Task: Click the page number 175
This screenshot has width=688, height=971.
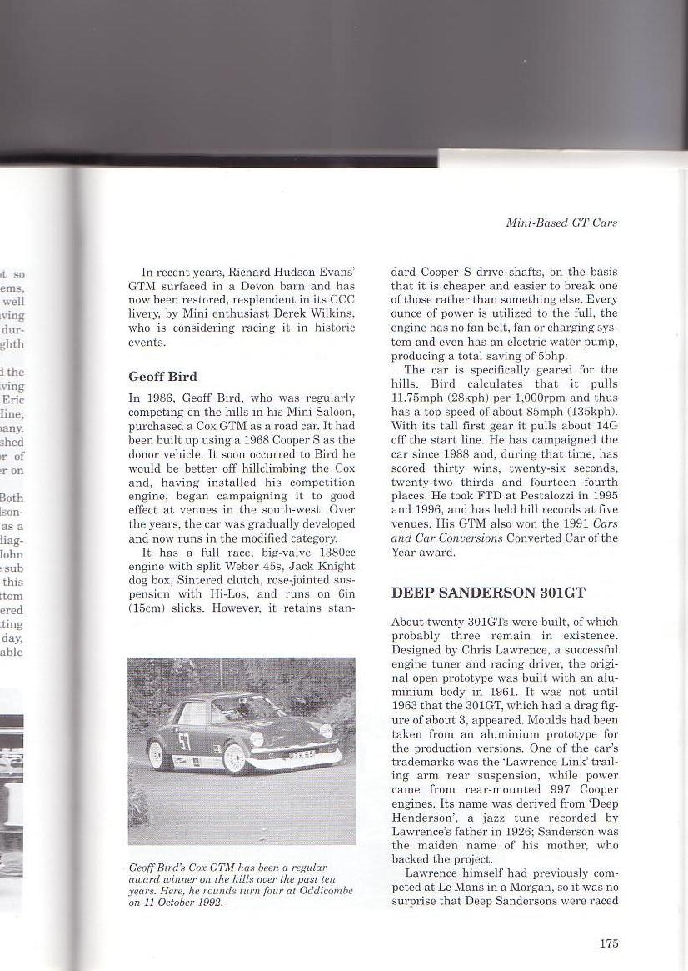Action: pyautogui.click(x=609, y=943)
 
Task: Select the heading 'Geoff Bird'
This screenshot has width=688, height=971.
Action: pyautogui.click(x=162, y=376)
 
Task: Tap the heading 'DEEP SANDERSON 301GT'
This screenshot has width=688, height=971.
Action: pyautogui.click(x=489, y=593)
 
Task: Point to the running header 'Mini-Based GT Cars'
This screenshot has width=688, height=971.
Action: pyautogui.click(x=561, y=223)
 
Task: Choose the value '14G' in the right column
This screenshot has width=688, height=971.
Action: pyautogui.click(x=606, y=426)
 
